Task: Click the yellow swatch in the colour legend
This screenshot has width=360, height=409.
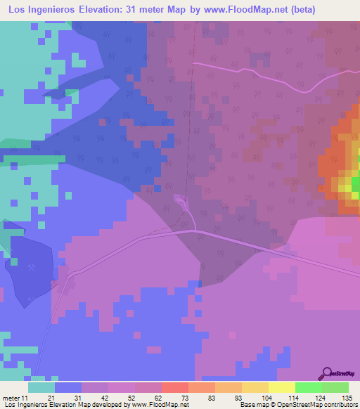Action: (x=281, y=387)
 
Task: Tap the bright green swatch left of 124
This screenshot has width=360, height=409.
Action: (x=308, y=387)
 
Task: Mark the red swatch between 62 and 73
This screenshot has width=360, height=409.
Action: (x=174, y=387)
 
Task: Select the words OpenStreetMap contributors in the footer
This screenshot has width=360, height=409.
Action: (x=316, y=405)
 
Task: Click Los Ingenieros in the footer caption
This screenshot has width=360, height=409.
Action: (x=25, y=405)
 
